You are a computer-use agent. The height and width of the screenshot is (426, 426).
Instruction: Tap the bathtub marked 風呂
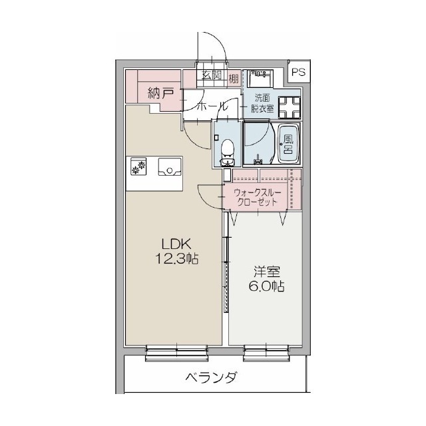pos(288,142)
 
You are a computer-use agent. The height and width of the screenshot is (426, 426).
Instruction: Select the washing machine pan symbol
pos(291,106)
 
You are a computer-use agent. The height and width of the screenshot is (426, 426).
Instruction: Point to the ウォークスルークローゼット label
pos(258,198)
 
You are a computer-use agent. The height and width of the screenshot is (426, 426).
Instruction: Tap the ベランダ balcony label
pos(211,379)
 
